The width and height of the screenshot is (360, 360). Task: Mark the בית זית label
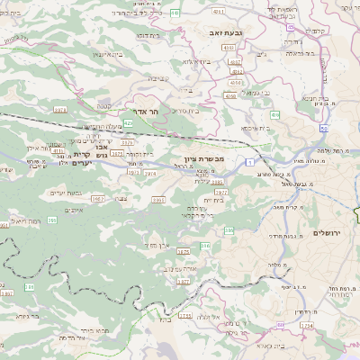(x=212, y=200)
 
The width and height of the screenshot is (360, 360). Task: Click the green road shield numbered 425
(x=129, y=121)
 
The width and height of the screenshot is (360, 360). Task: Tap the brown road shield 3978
(x=60, y=109)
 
